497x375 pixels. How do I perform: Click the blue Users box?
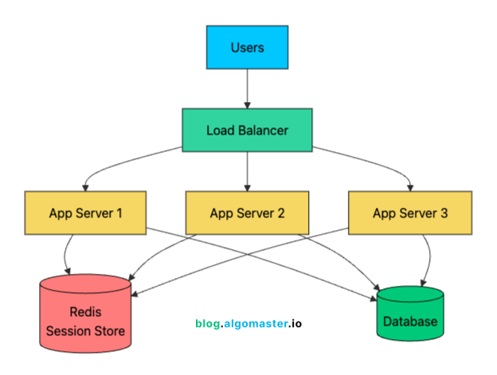coord(247,48)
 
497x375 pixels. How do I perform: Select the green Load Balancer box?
coord(247,130)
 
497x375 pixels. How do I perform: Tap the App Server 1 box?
coord(85,213)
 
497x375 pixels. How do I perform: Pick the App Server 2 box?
coord(247,213)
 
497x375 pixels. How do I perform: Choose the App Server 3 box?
coord(409,213)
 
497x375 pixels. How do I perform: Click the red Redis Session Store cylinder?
coord(85,314)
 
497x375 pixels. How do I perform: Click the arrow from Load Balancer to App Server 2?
coord(247,171)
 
